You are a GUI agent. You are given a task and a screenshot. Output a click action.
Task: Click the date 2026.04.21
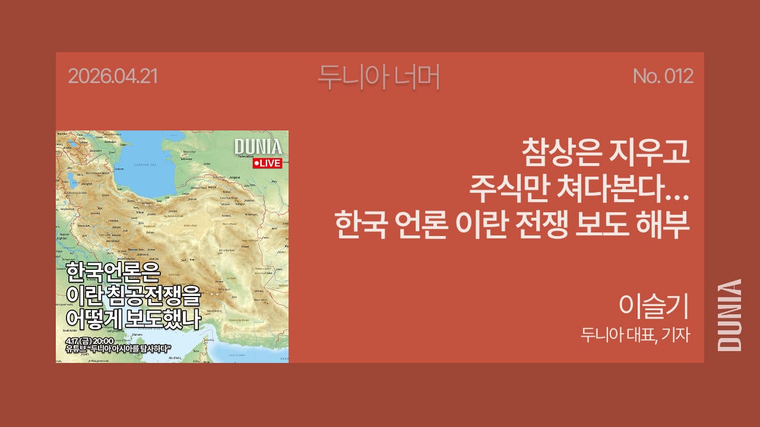point(113,77)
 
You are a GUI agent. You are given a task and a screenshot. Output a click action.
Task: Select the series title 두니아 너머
point(379,76)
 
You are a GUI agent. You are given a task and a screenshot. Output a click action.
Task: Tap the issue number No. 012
point(663,77)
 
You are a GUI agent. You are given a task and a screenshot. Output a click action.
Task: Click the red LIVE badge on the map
point(267,163)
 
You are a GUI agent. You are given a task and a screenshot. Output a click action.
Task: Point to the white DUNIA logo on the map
point(258,147)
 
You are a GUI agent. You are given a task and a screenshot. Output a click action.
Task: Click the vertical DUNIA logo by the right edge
point(730,314)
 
